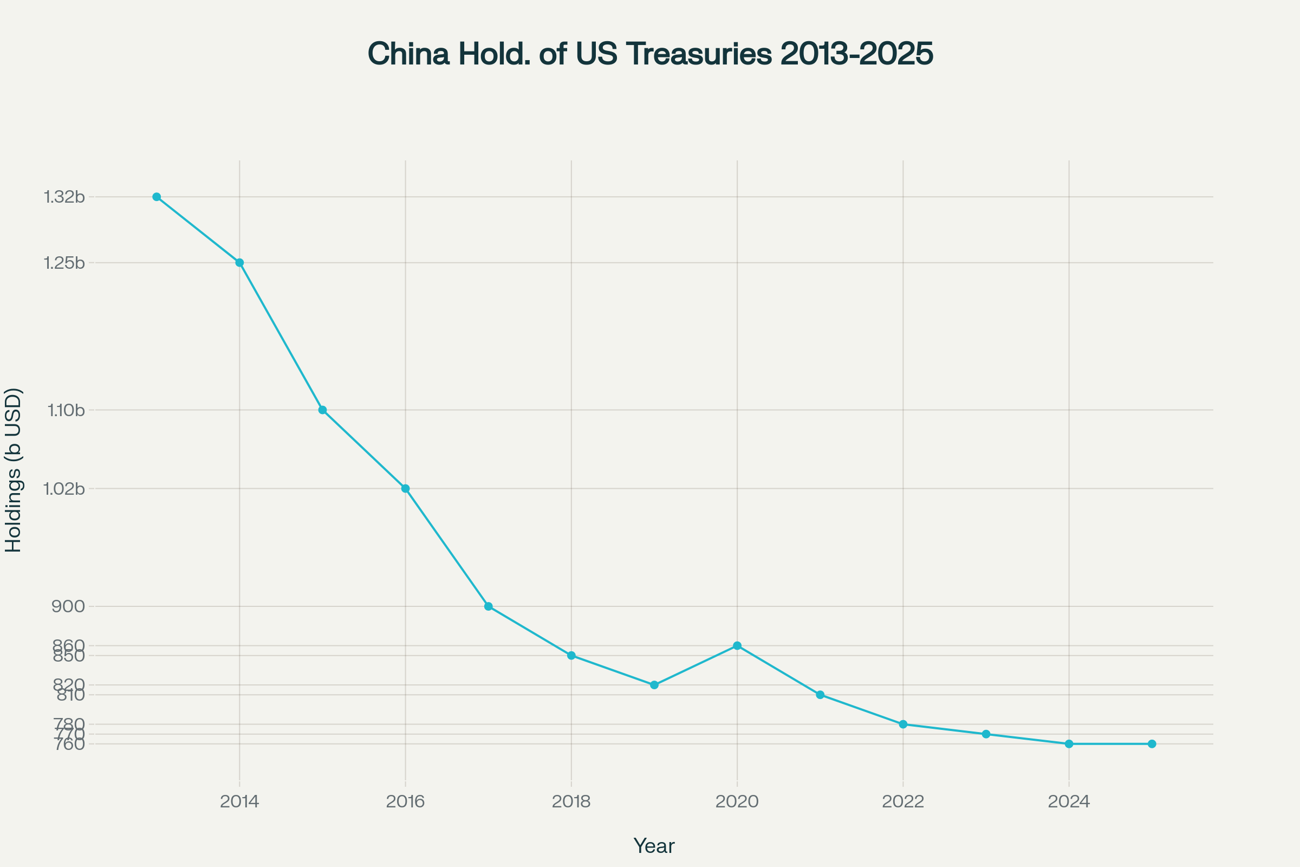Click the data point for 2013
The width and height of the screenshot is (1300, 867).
(157, 197)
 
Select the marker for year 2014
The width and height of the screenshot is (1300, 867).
(239, 263)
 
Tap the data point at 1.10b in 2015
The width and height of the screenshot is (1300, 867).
(322, 410)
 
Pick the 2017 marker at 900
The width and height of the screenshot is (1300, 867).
(488, 606)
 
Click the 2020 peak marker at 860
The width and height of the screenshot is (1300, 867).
(737, 646)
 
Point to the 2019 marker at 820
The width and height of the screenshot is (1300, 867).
(654, 685)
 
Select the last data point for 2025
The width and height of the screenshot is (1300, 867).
(1152, 743)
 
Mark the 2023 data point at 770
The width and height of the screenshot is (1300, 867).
(986, 734)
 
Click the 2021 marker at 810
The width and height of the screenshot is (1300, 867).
(820, 695)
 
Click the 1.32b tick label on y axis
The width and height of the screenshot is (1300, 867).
(64, 197)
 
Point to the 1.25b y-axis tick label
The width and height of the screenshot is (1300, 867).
(64, 263)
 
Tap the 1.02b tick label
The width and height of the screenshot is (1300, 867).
(64, 489)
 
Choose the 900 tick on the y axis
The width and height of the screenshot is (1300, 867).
(68, 606)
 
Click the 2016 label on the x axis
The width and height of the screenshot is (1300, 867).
(405, 802)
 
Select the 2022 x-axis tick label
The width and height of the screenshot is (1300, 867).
(903, 802)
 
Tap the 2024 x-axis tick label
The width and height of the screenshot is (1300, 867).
(1069, 802)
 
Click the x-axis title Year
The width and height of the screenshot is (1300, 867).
(654, 846)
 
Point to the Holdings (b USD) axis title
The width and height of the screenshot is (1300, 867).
(13, 470)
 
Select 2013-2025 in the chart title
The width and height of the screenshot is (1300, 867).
(857, 54)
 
